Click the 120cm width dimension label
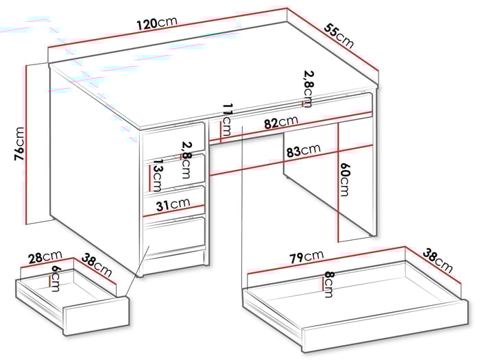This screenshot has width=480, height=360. tap(157, 23)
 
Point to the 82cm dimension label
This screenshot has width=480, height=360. tap(280, 122)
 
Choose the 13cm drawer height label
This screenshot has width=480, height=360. tap(157, 177)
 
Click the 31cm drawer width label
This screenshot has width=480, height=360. tap(171, 204)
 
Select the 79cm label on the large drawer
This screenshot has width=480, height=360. tap(306, 257)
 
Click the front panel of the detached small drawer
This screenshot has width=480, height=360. tap(96, 316)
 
